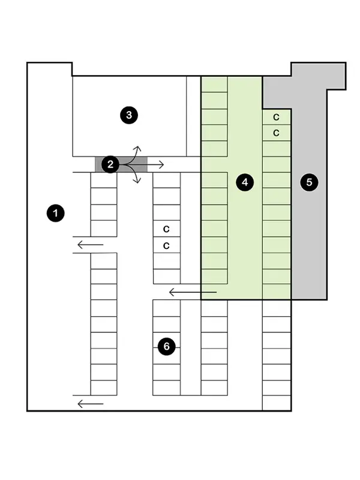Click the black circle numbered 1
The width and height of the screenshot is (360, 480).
pos(56,213)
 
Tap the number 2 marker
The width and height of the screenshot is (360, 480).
pos(110,164)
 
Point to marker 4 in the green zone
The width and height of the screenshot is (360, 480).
pos(244,182)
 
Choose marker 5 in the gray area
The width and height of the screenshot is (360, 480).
pos(309,182)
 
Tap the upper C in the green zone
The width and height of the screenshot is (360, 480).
pos(277,117)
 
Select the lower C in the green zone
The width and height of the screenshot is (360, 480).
pos(277,133)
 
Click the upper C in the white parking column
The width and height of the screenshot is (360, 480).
pos(166,229)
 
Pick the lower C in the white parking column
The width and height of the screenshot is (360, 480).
pos(166,245)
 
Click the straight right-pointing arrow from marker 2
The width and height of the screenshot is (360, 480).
pos(154,164)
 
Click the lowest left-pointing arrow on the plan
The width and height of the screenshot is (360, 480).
pos(90,404)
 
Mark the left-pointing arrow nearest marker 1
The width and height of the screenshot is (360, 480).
pos(90,244)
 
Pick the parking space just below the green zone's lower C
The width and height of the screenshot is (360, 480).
pos(277,148)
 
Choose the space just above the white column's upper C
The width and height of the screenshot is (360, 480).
pos(166,212)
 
